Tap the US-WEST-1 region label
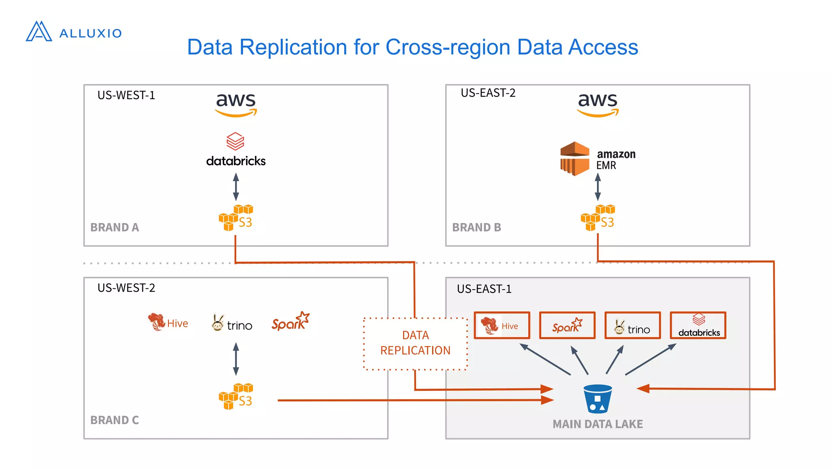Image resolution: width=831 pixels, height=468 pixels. pos(126,95)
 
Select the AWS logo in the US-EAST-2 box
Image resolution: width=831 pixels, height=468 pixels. pos(598,104)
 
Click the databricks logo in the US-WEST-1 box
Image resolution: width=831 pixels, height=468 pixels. pos(236,150)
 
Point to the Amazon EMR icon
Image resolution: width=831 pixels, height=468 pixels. pos(575,158)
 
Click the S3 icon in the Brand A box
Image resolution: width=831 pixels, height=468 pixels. pos(236,218)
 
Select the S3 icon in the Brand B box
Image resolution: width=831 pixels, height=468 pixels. pos(598,218)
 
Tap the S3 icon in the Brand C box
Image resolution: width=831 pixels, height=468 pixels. pos(236,396)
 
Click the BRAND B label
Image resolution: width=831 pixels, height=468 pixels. pos(476,227)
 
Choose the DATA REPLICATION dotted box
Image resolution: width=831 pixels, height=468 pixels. pos(415,343)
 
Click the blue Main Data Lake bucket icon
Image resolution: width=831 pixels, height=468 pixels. pos(597,399)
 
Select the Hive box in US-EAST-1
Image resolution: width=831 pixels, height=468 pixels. pos(502,325)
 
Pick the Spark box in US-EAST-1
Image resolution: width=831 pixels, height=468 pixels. pos(567,325)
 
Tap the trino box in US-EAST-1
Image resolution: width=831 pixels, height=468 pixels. pos(632,325)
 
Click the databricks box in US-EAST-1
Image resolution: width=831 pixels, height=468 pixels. pos(698,325)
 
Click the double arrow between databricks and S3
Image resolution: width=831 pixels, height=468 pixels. pos(236,186)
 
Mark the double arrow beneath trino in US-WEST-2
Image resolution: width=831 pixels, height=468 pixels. pos(236,359)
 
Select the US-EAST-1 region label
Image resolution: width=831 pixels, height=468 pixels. pos(484,289)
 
